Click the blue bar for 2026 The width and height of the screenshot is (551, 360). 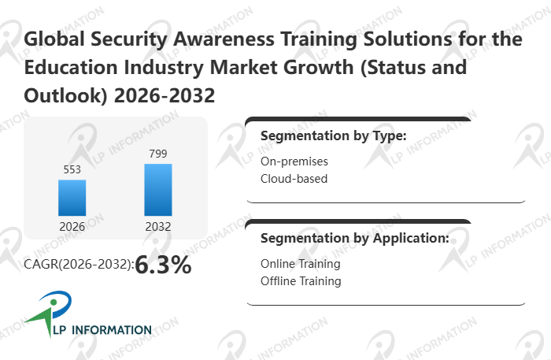(x=72, y=197)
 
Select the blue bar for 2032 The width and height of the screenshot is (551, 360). (x=157, y=189)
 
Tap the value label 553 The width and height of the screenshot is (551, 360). (x=72, y=169)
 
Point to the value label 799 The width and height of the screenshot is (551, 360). (x=157, y=153)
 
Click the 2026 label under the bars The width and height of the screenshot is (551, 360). (x=72, y=227)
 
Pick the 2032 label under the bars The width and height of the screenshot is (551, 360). (x=157, y=227)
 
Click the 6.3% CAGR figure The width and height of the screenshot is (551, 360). (x=163, y=265)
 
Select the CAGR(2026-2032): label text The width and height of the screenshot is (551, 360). (x=79, y=266)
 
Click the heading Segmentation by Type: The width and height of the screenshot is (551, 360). (x=333, y=135)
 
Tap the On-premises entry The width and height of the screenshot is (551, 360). (x=294, y=161)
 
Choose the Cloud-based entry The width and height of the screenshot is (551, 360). (x=294, y=178)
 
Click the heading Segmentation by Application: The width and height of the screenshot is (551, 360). (x=354, y=237)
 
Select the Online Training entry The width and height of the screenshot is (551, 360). (x=300, y=264)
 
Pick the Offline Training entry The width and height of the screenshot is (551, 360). (x=300, y=280)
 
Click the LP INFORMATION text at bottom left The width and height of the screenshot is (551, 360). (x=100, y=330)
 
